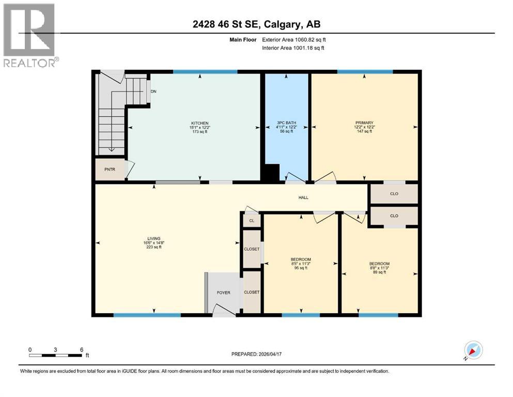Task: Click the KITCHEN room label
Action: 199,123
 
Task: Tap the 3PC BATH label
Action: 286,123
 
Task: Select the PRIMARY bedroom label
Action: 364,123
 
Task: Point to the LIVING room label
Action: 154,239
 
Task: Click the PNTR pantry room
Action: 110,170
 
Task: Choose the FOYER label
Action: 224,293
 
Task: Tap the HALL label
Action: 303,197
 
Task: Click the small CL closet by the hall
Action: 252,221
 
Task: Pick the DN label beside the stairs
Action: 153,91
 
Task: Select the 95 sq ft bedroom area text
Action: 301,268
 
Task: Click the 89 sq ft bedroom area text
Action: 380,272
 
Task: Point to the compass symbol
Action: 473,350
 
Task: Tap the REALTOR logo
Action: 30,35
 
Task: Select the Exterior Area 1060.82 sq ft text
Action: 294,40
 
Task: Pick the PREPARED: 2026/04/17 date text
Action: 256,354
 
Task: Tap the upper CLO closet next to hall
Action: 394,194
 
